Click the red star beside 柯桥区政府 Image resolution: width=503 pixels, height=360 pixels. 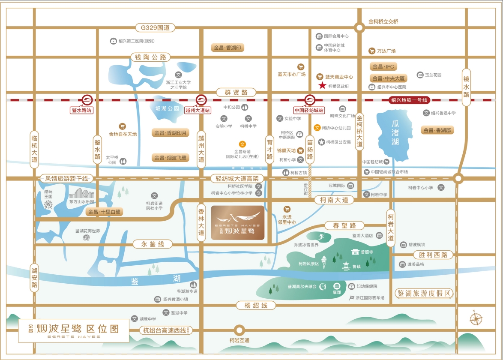(x=322, y=86)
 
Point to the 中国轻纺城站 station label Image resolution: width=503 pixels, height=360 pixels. (x=309, y=110)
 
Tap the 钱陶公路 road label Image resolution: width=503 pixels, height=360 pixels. (x=150, y=57)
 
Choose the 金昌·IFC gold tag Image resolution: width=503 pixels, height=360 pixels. (x=383, y=67)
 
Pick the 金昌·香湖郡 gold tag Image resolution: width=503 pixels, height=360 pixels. (x=437, y=130)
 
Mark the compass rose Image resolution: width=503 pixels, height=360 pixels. (x=476, y=319)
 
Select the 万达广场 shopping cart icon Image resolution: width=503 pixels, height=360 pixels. (x=372, y=51)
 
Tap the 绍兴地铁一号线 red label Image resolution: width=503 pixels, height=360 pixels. (x=409, y=100)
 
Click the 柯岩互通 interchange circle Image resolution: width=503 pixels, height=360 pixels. (x=238, y=331)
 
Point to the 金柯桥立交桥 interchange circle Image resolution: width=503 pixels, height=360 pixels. (x=359, y=28)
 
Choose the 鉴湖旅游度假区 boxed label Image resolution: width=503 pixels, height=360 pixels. (x=425, y=294)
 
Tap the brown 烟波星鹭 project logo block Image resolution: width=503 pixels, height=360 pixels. (x=238, y=222)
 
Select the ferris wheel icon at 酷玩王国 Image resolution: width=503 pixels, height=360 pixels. (x=48, y=204)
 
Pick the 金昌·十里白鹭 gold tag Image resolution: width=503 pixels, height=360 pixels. (x=105, y=212)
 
